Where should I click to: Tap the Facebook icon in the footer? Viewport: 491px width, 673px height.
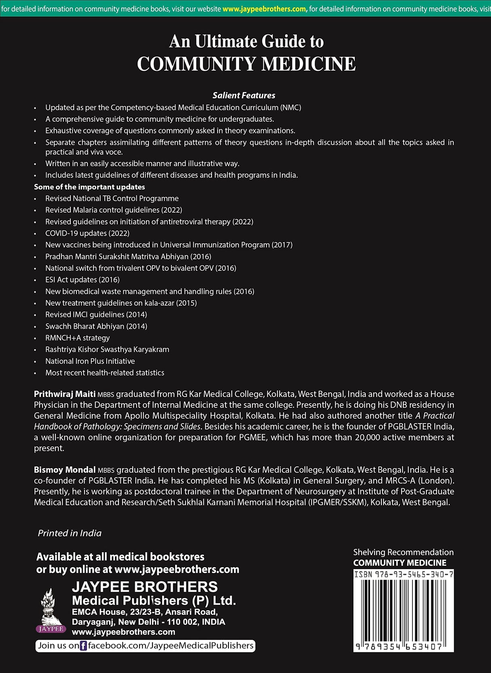(83, 646)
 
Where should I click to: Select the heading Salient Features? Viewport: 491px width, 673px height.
(244, 95)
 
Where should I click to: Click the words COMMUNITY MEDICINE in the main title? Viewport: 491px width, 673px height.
(246, 64)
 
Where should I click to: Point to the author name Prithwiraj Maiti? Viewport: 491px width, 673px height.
(65, 394)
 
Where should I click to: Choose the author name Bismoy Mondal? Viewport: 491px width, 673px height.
(65, 470)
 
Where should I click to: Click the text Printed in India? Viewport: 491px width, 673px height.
(70, 533)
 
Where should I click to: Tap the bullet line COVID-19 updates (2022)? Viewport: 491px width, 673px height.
(87, 233)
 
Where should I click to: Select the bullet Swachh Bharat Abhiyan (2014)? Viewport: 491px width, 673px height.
(96, 326)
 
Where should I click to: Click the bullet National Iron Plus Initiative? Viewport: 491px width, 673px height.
(90, 361)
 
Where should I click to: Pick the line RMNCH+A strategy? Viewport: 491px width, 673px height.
(78, 338)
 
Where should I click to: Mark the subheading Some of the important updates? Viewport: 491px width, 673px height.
(89, 187)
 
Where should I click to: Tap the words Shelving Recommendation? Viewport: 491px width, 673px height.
(403, 552)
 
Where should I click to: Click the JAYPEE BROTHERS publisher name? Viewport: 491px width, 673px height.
(145, 587)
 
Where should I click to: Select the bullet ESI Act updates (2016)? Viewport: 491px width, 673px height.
(83, 279)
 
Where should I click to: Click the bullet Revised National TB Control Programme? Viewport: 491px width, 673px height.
(112, 198)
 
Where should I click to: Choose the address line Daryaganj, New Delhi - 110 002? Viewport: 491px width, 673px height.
(148, 622)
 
